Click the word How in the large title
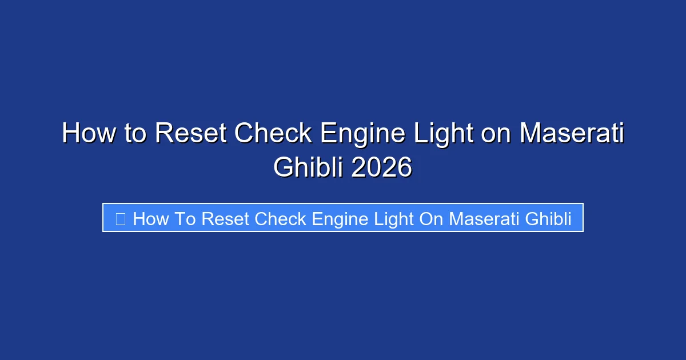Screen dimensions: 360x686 pos(86,134)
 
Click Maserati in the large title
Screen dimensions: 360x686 pos(572,134)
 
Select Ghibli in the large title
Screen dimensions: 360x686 pos(308,167)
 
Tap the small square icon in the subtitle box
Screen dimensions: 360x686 pos(120,218)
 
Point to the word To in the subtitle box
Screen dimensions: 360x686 pos(185,218)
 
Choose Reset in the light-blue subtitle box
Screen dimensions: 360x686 pos(226,218)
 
